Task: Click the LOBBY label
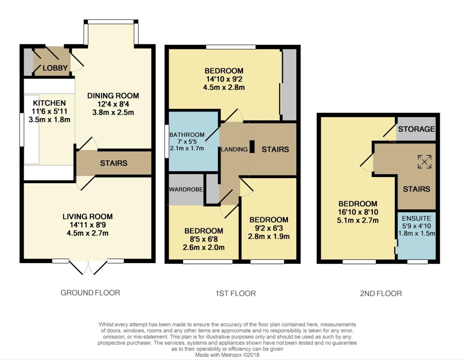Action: (x=55, y=68)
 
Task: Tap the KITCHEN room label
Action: (x=49, y=103)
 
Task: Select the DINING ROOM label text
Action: (x=113, y=96)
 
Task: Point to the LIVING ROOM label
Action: (x=88, y=217)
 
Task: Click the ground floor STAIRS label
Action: (x=114, y=163)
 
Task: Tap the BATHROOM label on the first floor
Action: (x=187, y=135)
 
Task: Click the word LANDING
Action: (x=234, y=149)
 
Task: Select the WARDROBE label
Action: (x=186, y=189)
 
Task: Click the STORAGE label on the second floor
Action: (x=417, y=129)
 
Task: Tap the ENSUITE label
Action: (x=417, y=219)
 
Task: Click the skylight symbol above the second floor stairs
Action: (x=424, y=161)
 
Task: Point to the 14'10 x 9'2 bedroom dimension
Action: (x=224, y=79)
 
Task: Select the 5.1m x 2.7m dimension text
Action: (x=358, y=220)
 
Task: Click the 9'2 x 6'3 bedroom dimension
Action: (x=269, y=228)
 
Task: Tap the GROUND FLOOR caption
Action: (x=90, y=293)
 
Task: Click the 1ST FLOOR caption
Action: (x=235, y=293)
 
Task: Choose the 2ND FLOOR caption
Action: (x=381, y=293)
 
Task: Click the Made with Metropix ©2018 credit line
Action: (x=227, y=355)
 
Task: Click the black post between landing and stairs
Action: (x=252, y=146)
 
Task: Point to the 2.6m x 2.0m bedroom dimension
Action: (x=204, y=247)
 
